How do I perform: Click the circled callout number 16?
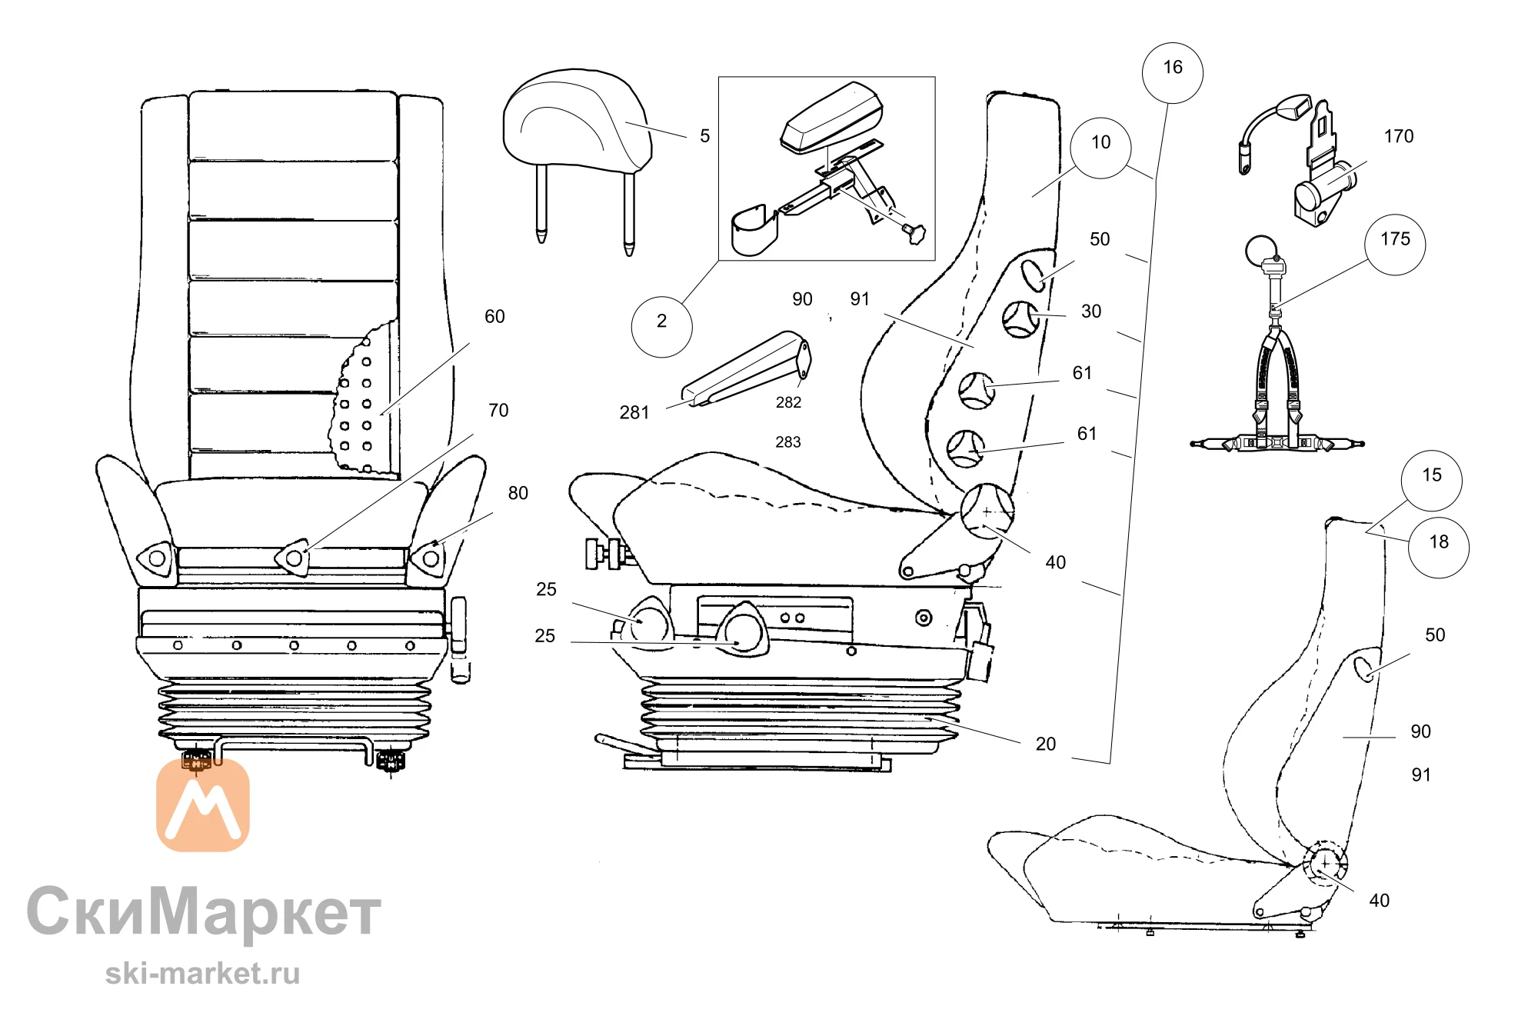(1172, 73)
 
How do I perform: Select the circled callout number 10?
(1100, 148)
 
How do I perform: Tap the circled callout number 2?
(661, 327)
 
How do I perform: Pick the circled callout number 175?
(1395, 245)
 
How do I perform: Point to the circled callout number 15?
(1431, 481)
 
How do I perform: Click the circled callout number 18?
(1439, 548)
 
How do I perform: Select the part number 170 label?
(1399, 136)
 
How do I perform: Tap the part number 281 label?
(634, 413)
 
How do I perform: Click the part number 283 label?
(788, 442)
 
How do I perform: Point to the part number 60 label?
(494, 317)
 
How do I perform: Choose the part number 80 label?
(518, 493)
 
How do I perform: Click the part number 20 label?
(1046, 744)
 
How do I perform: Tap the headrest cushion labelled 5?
(577, 118)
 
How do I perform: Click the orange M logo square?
(203, 805)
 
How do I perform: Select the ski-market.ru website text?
(202, 974)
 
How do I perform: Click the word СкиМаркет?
(205, 911)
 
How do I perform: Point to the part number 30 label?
(1091, 311)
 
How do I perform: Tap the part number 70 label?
(498, 411)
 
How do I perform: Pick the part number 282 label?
(788, 402)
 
